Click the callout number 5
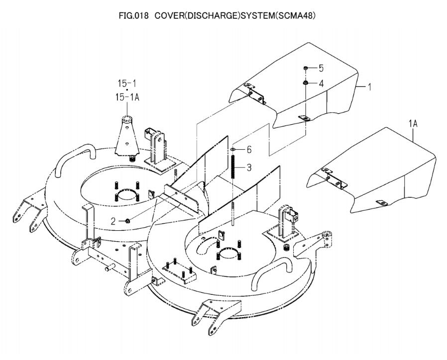click(321, 68)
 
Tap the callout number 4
click(321, 84)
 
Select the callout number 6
click(249, 150)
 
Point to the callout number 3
click(249, 168)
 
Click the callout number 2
click(113, 221)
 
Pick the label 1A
click(413, 124)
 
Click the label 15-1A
click(127, 97)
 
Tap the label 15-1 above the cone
click(127, 84)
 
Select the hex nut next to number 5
click(305, 68)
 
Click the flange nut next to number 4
click(305, 83)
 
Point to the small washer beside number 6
click(233, 149)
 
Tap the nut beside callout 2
click(127, 220)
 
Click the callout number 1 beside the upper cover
click(369, 87)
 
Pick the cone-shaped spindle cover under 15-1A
click(127, 136)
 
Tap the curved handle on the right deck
click(273, 272)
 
